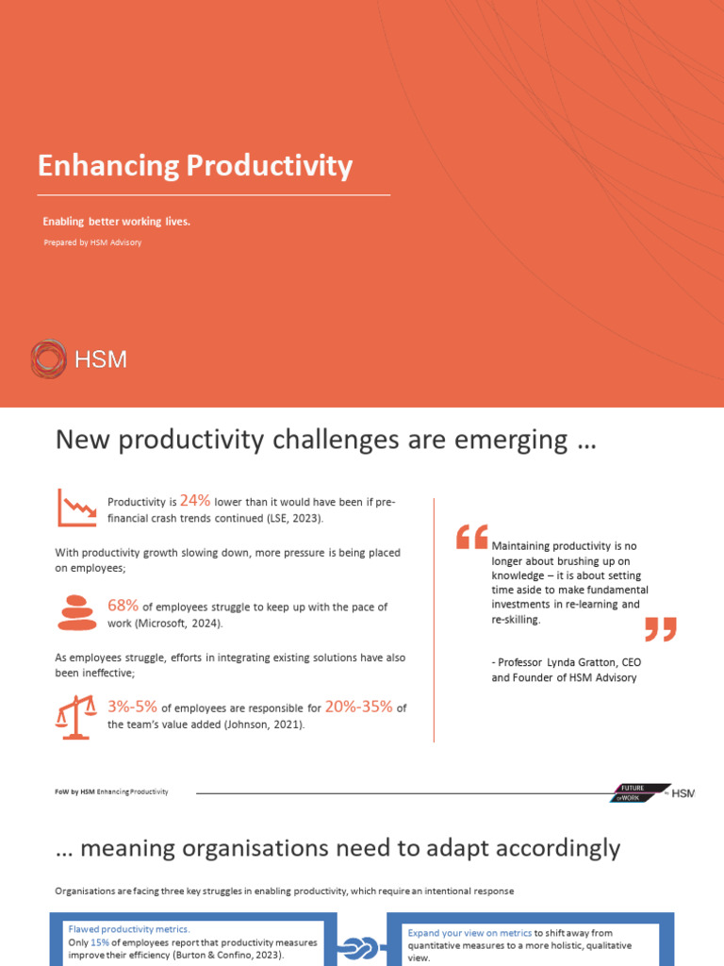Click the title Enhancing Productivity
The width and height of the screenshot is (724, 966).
(195, 166)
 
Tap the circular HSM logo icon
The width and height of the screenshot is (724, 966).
(48, 359)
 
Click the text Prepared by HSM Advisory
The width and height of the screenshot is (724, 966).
(92, 242)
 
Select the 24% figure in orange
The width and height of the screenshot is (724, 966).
(195, 501)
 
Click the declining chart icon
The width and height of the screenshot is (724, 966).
(76, 508)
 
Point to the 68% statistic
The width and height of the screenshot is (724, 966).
(123, 605)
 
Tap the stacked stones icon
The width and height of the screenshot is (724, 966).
(77, 612)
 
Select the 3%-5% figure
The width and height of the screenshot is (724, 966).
(132, 707)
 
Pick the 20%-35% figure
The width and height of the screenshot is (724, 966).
(358, 707)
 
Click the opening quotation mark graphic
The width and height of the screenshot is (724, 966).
(471, 538)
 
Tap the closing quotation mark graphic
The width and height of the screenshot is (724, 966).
(660, 629)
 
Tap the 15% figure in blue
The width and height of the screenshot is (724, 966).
(99, 942)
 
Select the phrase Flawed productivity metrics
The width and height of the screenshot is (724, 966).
(128, 929)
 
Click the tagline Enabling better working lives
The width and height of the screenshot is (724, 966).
(117, 222)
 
